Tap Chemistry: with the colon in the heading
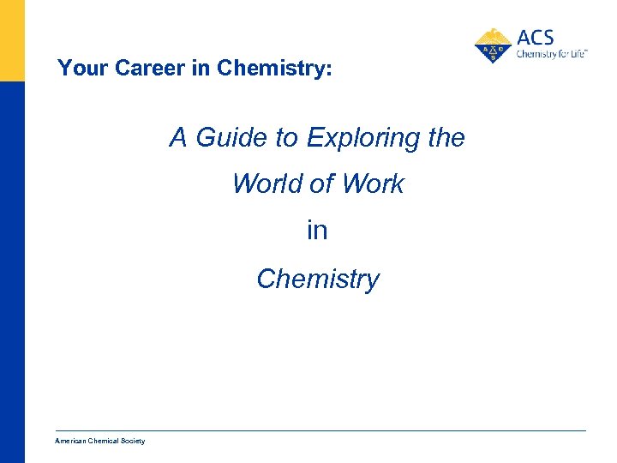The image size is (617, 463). (274, 69)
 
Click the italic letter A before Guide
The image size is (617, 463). (178, 137)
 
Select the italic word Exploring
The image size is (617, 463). (360, 137)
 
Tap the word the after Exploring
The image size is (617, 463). (445, 137)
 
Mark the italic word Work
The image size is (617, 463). (374, 183)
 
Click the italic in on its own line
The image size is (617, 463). (317, 231)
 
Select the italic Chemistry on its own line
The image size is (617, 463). (317, 279)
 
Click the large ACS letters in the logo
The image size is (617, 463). (536, 38)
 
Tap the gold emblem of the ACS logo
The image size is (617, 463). (493, 45)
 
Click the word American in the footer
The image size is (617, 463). (71, 441)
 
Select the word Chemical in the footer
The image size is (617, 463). (106, 441)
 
